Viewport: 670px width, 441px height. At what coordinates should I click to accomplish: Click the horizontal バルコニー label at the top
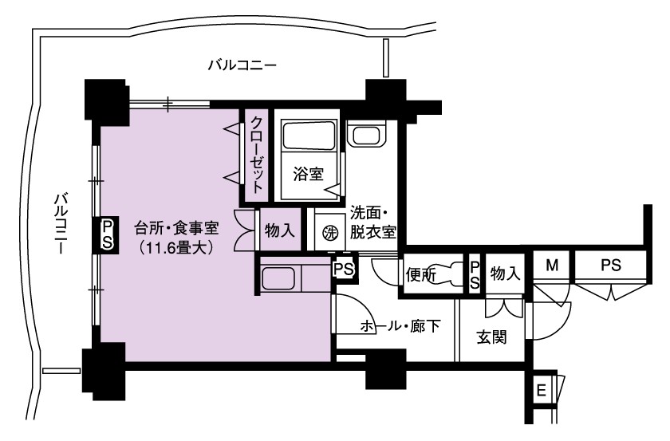[242, 65]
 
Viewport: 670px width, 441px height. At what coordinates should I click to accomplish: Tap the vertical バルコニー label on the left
[61, 223]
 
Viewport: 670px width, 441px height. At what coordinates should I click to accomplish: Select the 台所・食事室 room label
[176, 228]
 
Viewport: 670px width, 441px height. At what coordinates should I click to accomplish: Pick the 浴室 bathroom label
[308, 174]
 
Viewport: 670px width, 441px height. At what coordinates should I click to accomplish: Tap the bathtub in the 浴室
[308, 136]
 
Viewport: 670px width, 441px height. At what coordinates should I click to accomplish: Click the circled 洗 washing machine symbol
[329, 233]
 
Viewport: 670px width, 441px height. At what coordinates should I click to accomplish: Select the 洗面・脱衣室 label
[372, 222]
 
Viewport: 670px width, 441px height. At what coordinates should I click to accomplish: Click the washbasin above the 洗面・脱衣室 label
[367, 134]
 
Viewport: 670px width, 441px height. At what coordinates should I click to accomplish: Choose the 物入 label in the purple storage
[279, 230]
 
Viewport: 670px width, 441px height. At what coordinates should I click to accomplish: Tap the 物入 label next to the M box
[506, 273]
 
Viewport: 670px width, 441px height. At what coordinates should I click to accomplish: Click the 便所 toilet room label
[421, 275]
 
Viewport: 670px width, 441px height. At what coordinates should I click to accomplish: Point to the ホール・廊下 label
[400, 326]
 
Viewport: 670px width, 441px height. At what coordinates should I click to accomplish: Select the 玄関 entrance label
[492, 337]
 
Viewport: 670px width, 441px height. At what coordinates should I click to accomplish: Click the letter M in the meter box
[552, 266]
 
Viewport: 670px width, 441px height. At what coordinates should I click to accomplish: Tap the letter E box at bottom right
[541, 390]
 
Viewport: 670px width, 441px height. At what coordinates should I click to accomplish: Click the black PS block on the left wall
[107, 234]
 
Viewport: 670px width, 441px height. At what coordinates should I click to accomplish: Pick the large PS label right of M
[611, 265]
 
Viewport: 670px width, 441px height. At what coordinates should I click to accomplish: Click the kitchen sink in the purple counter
[278, 279]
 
